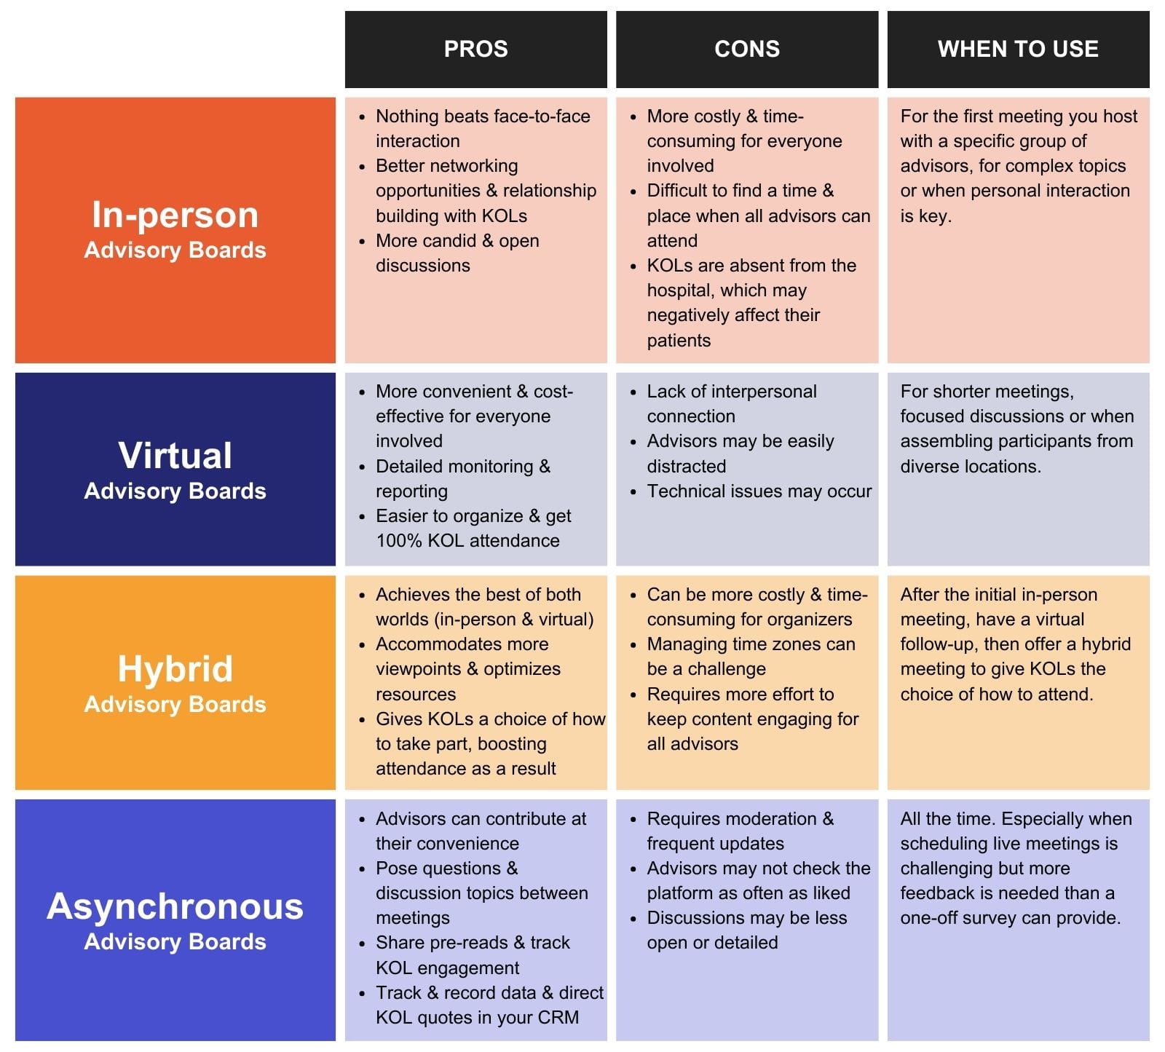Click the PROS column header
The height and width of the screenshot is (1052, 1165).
475,49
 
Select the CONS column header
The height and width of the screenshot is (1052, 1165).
747,49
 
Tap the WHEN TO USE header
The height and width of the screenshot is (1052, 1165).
1018,49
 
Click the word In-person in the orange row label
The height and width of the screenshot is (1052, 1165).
175,215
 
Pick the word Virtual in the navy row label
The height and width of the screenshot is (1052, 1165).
175,456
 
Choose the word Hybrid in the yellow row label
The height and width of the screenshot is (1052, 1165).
175,668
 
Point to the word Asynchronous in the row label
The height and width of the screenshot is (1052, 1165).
175,906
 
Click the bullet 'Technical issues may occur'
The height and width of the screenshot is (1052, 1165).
759,491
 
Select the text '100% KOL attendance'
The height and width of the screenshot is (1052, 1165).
467,541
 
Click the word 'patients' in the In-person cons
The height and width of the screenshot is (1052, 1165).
679,341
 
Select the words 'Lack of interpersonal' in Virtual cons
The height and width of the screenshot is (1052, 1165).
731,392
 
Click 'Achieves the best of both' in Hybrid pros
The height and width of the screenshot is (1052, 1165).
478,595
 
